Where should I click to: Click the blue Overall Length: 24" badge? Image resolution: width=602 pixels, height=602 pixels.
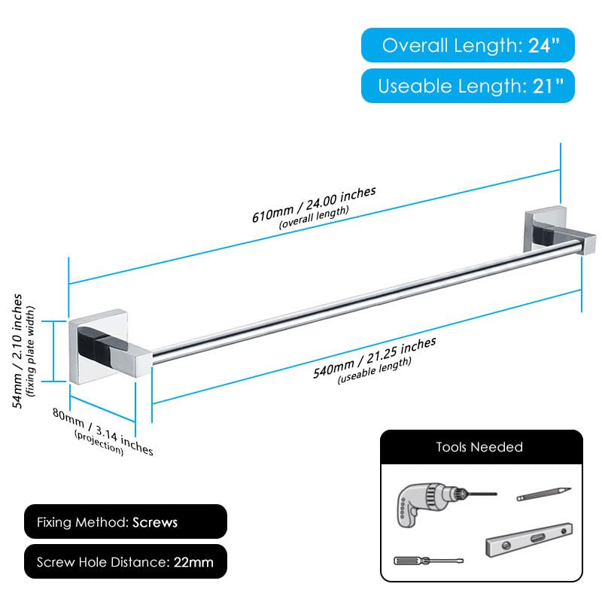coord(467,45)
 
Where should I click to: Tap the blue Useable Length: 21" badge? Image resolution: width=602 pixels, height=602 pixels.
coord(467,86)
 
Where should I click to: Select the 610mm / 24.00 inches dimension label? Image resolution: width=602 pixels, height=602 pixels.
coord(314,204)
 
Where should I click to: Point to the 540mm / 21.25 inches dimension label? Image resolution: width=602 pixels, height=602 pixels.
coord(374,357)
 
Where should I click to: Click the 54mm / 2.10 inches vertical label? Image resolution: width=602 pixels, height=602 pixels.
coord(17,351)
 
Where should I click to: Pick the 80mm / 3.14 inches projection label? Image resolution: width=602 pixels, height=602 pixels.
coord(103,431)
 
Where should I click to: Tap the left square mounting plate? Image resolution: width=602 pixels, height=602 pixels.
coord(98,346)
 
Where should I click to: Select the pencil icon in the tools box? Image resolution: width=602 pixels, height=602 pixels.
coord(543,494)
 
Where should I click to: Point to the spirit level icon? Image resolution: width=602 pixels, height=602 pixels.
coord(529,540)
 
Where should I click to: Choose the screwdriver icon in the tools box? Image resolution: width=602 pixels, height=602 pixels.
coord(428,561)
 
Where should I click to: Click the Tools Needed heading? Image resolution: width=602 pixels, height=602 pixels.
coord(479,447)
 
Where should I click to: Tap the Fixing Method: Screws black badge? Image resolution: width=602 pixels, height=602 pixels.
coord(126,521)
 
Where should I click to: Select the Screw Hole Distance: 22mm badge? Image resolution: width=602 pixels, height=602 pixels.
coord(126,561)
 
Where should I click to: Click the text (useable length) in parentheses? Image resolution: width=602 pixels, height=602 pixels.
coord(374,370)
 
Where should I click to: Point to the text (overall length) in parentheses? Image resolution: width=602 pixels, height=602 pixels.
coord(314,217)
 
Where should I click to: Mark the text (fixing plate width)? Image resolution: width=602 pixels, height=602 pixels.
coord(30,351)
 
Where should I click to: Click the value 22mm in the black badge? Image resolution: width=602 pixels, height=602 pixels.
coord(193,562)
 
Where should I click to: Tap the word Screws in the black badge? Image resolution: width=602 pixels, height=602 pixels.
coord(155,522)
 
